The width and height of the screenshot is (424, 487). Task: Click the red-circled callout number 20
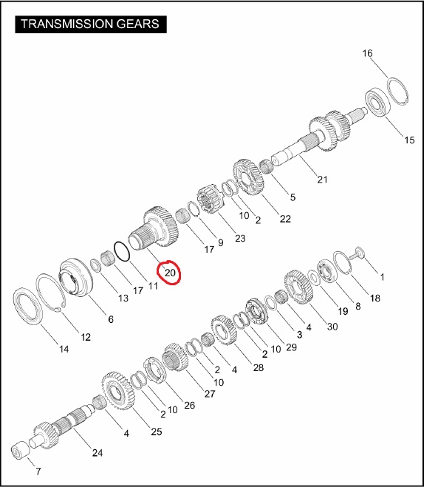tap(170, 273)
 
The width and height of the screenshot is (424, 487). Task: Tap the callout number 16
tap(367, 53)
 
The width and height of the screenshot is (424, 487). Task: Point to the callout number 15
tap(409, 140)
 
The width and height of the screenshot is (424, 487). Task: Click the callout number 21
tap(322, 180)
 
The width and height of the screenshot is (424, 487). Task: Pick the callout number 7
tap(38, 471)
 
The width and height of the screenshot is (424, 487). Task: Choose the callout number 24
tap(98, 453)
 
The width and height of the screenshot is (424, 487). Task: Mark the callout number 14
tap(64, 349)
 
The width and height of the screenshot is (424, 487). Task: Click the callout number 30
tap(332, 327)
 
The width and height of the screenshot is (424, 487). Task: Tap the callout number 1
tap(382, 276)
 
